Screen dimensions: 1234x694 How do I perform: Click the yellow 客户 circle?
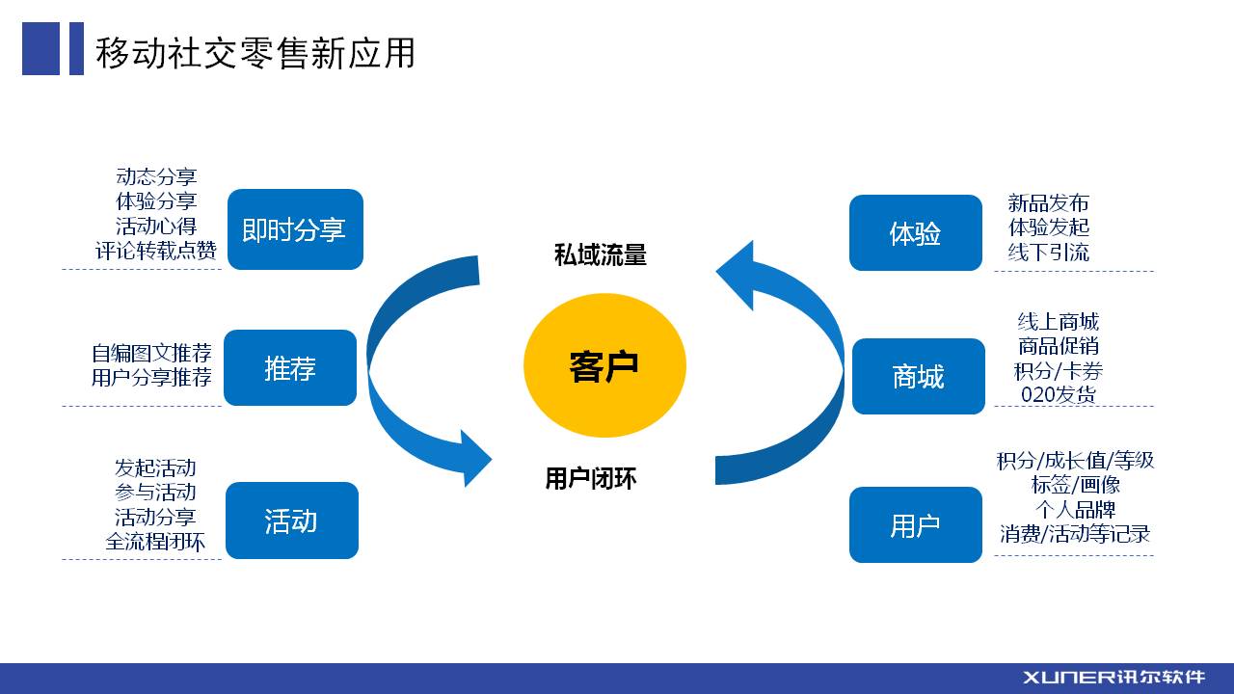(x=604, y=365)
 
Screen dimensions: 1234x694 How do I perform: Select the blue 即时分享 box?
(x=295, y=229)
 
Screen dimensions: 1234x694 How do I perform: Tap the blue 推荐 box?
(x=290, y=368)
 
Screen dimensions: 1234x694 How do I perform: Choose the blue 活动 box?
(x=292, y=520)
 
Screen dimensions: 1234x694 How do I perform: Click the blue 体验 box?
(x=916, y=232)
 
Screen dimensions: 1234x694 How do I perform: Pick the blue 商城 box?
(x=919, y=376)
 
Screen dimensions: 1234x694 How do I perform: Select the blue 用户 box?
(x=916, y=525)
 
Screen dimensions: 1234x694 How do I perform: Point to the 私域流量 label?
(x=601, y=255)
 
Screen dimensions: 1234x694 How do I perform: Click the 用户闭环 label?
(x=591, y=478)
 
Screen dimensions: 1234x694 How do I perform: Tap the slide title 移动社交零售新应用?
(x=255, y=53)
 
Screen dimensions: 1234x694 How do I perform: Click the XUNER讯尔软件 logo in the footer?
(x=1113, y=677)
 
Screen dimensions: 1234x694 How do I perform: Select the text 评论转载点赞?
(x=156, y=251)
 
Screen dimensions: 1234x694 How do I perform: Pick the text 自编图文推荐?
(x=151, y=353)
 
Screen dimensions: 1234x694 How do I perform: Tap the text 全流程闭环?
(x=155, y=542)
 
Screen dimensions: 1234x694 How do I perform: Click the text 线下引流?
(x=1048, y=253)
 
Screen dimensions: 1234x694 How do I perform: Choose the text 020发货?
(x=1059, y=394)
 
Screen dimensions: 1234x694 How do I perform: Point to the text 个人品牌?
(x=1075, y=510)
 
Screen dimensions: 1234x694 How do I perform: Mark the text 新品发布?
(x=1048, y=203)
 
